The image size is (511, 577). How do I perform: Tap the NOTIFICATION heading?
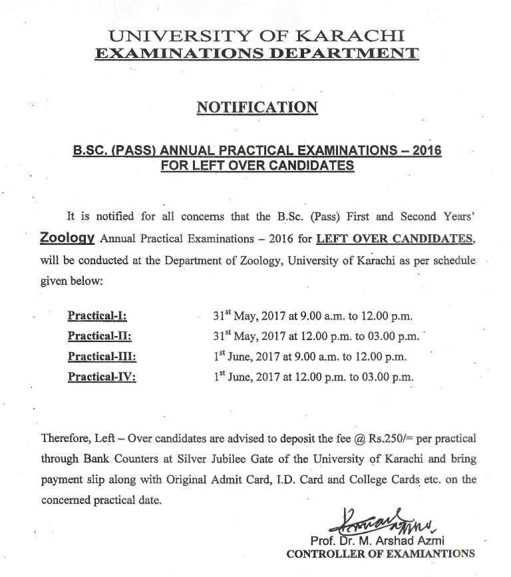pyautogui.click(x=256, y=107)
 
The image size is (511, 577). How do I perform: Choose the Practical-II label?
pyautogui.click(x=99, y=335)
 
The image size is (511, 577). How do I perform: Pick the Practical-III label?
pyautogui.click(x=102, y=356)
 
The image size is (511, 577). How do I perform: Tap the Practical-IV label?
pyautogui.click(x=102, y=377)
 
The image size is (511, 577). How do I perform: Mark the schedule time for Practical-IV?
pyautogui.click(x=313, y=376)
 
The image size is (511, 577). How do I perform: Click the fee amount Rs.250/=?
pyautogui.click(x=385, y=439)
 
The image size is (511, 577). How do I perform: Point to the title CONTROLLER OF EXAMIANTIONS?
pyautogui.click(x=380, y=553)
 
